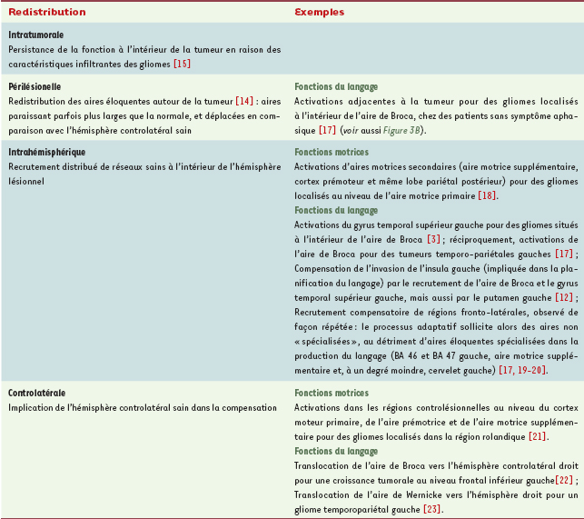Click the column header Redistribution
pos(46,14)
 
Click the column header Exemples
pos(319,14)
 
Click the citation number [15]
pos(182,63)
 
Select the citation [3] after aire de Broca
pos(434,240)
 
